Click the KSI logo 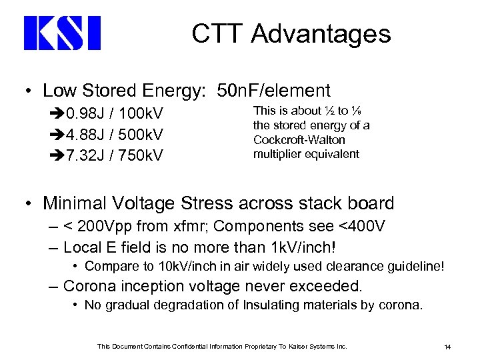click(x=62, y=34)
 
